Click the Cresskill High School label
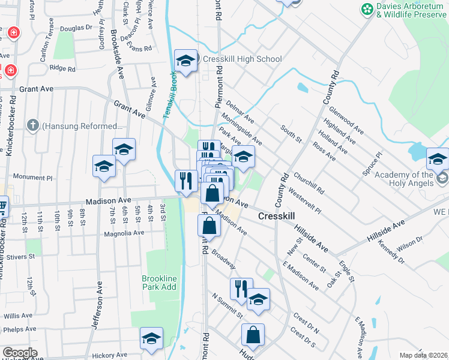click(242, 59)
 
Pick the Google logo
click(20, 353)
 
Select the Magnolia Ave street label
click(124, 233)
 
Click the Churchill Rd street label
click(309, 184)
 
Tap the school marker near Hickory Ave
click(151, 339)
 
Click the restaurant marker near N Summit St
click(241, 289)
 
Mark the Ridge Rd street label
click(62, 69)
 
